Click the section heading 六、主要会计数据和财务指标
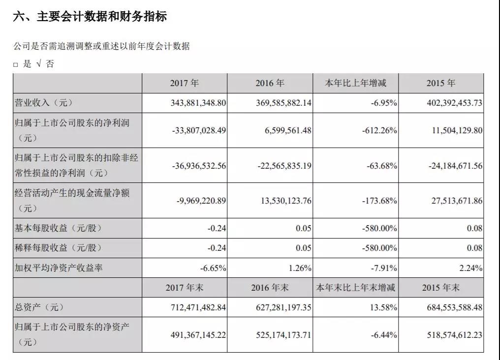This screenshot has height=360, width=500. pyautogui.click(x=90, y=17)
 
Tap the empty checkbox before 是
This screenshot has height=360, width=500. pyautogui.click(x=15, y=65)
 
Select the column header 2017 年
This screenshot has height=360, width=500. pyautogui.click(x=185, y=83)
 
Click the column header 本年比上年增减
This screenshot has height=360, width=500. pyautogui.click(x=355, y=83)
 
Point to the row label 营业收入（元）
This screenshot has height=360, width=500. pyautogui.click(x=43, y=103)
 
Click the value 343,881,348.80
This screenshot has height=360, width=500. pyautogui.click(x=198, y=103)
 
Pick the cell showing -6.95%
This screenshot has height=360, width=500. pyautogui.click(x=384, y=103)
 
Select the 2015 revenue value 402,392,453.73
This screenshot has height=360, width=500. pyautogui.click(x=454, y=103)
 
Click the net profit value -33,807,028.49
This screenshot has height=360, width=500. pyautogui.click(x=199, y=130)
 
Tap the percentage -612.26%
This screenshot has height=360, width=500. pyautogui.click(x=379, y=130)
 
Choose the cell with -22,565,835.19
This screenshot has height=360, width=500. pyautogui.click(x=284, y=166)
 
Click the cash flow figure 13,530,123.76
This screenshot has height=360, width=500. pyautogui.click(x=286, y=201)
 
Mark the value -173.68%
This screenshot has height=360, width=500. pyautogui.click(x=379, y=201)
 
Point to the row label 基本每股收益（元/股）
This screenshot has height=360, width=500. pyautogui.click(x=58, y=228)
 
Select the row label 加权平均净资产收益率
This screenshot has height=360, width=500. pyautogui.click(x=59, y=268)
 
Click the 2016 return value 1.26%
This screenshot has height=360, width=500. pyautogui.click(x=300, y=268)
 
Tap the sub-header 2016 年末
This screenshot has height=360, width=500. pyautogui.click(x=270, y=288)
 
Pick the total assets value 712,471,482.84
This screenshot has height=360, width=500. pyautogui.click(x=198, y=307)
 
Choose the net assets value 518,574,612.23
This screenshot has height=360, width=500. pyautogui.click(x=454, y=335)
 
